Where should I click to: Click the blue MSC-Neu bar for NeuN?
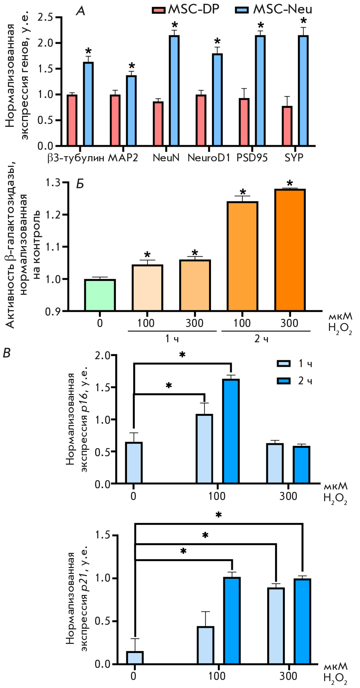click(x=174, y=90)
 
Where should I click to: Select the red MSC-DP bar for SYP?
click(x=287, y=126)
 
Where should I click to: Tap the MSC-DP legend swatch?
click(x=158, y=10)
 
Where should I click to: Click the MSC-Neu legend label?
click(x=282, y=9)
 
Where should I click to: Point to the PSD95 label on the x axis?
click(x=252, y=158)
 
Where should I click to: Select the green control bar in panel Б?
click(x=100, y=295)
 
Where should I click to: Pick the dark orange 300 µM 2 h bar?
click(x=290, y=250)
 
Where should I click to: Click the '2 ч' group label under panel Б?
click(x=261, y=339)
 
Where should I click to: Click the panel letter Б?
click(x=80, y=184)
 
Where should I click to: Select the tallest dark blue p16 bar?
click(x=231, y=431)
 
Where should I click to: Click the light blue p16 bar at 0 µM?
click(x=134, y=463)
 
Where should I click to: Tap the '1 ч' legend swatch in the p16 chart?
click(x=283, y=364)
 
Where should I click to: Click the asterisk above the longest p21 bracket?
click(x=219, y=515)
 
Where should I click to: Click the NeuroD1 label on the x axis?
click(x=209, y=158)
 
